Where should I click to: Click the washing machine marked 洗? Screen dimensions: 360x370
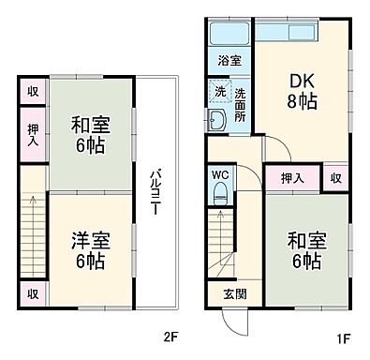[220, 94]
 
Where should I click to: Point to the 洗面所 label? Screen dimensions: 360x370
[240, 105]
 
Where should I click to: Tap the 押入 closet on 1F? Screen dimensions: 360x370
[291, 175]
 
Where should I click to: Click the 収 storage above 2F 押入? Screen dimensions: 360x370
[32, 93]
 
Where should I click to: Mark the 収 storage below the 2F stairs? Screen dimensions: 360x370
[32, 294]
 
